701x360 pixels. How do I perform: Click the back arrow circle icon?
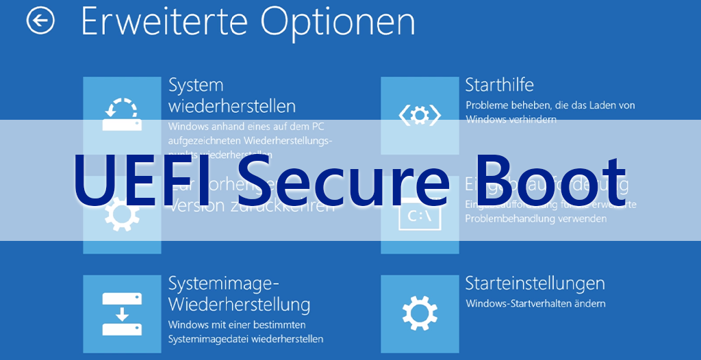(x=40, y=21)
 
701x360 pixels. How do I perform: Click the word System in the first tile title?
(x=196, y=85)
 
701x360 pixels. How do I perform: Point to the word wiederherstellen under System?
(x=232, y=106)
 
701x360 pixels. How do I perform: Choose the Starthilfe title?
(x=499, y=85)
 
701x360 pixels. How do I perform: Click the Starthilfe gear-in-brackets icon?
(x=420, y=116)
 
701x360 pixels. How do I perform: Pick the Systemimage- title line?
(x=224, y=283)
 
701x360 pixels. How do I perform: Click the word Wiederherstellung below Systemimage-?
(x=239, y=304)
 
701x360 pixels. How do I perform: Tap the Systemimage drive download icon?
(x=122, y=313)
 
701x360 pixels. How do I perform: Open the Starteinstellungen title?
(x=535, y=283)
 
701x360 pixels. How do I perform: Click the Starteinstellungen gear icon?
(x=420, y=313)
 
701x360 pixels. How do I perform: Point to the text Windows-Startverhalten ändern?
(x=535, y=303)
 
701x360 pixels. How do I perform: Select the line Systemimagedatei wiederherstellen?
(x=246, y=339)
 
